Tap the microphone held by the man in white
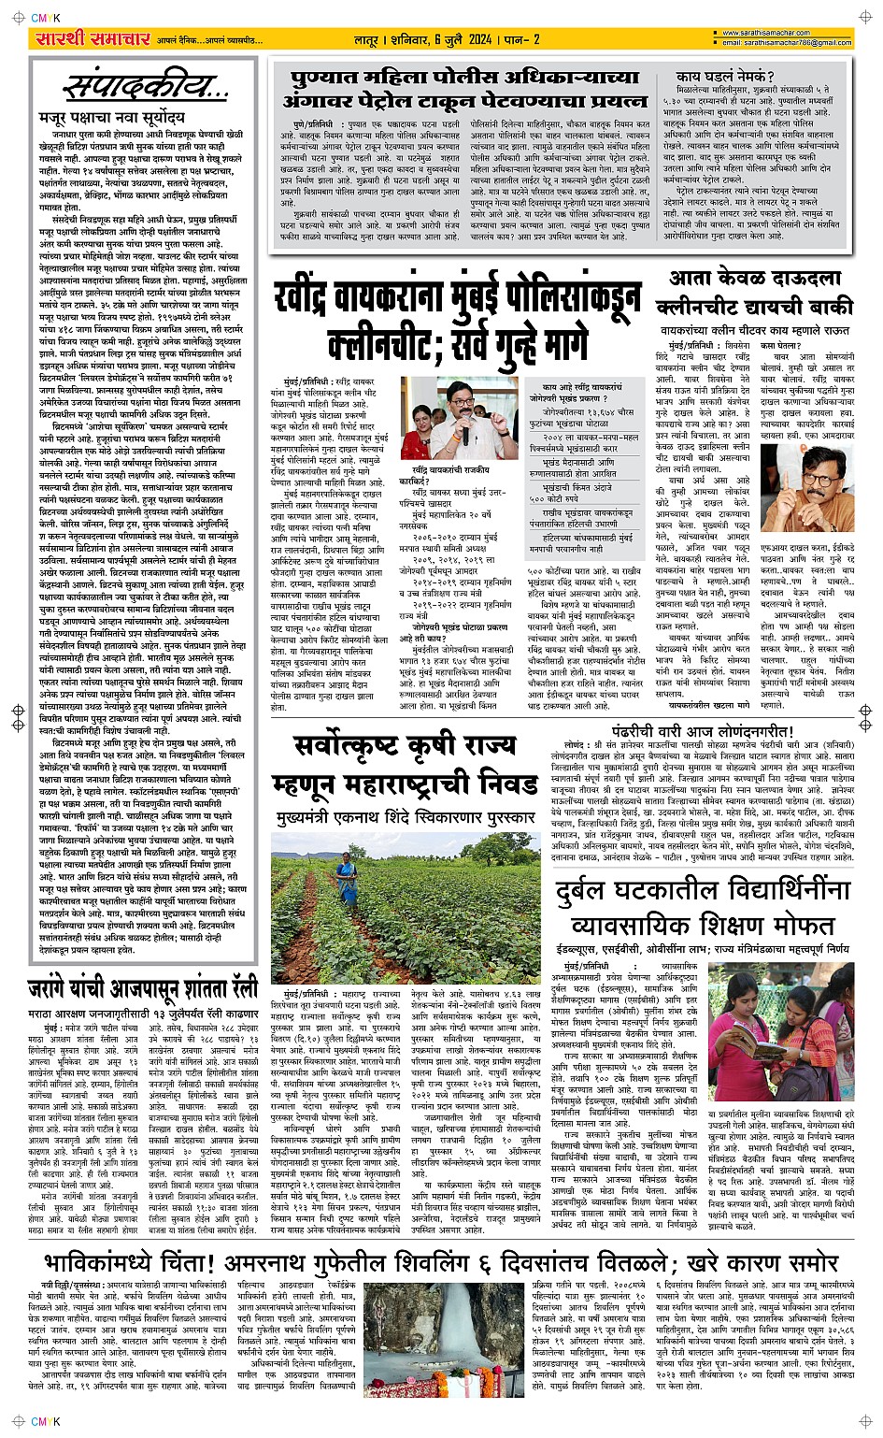tap(464, 435)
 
